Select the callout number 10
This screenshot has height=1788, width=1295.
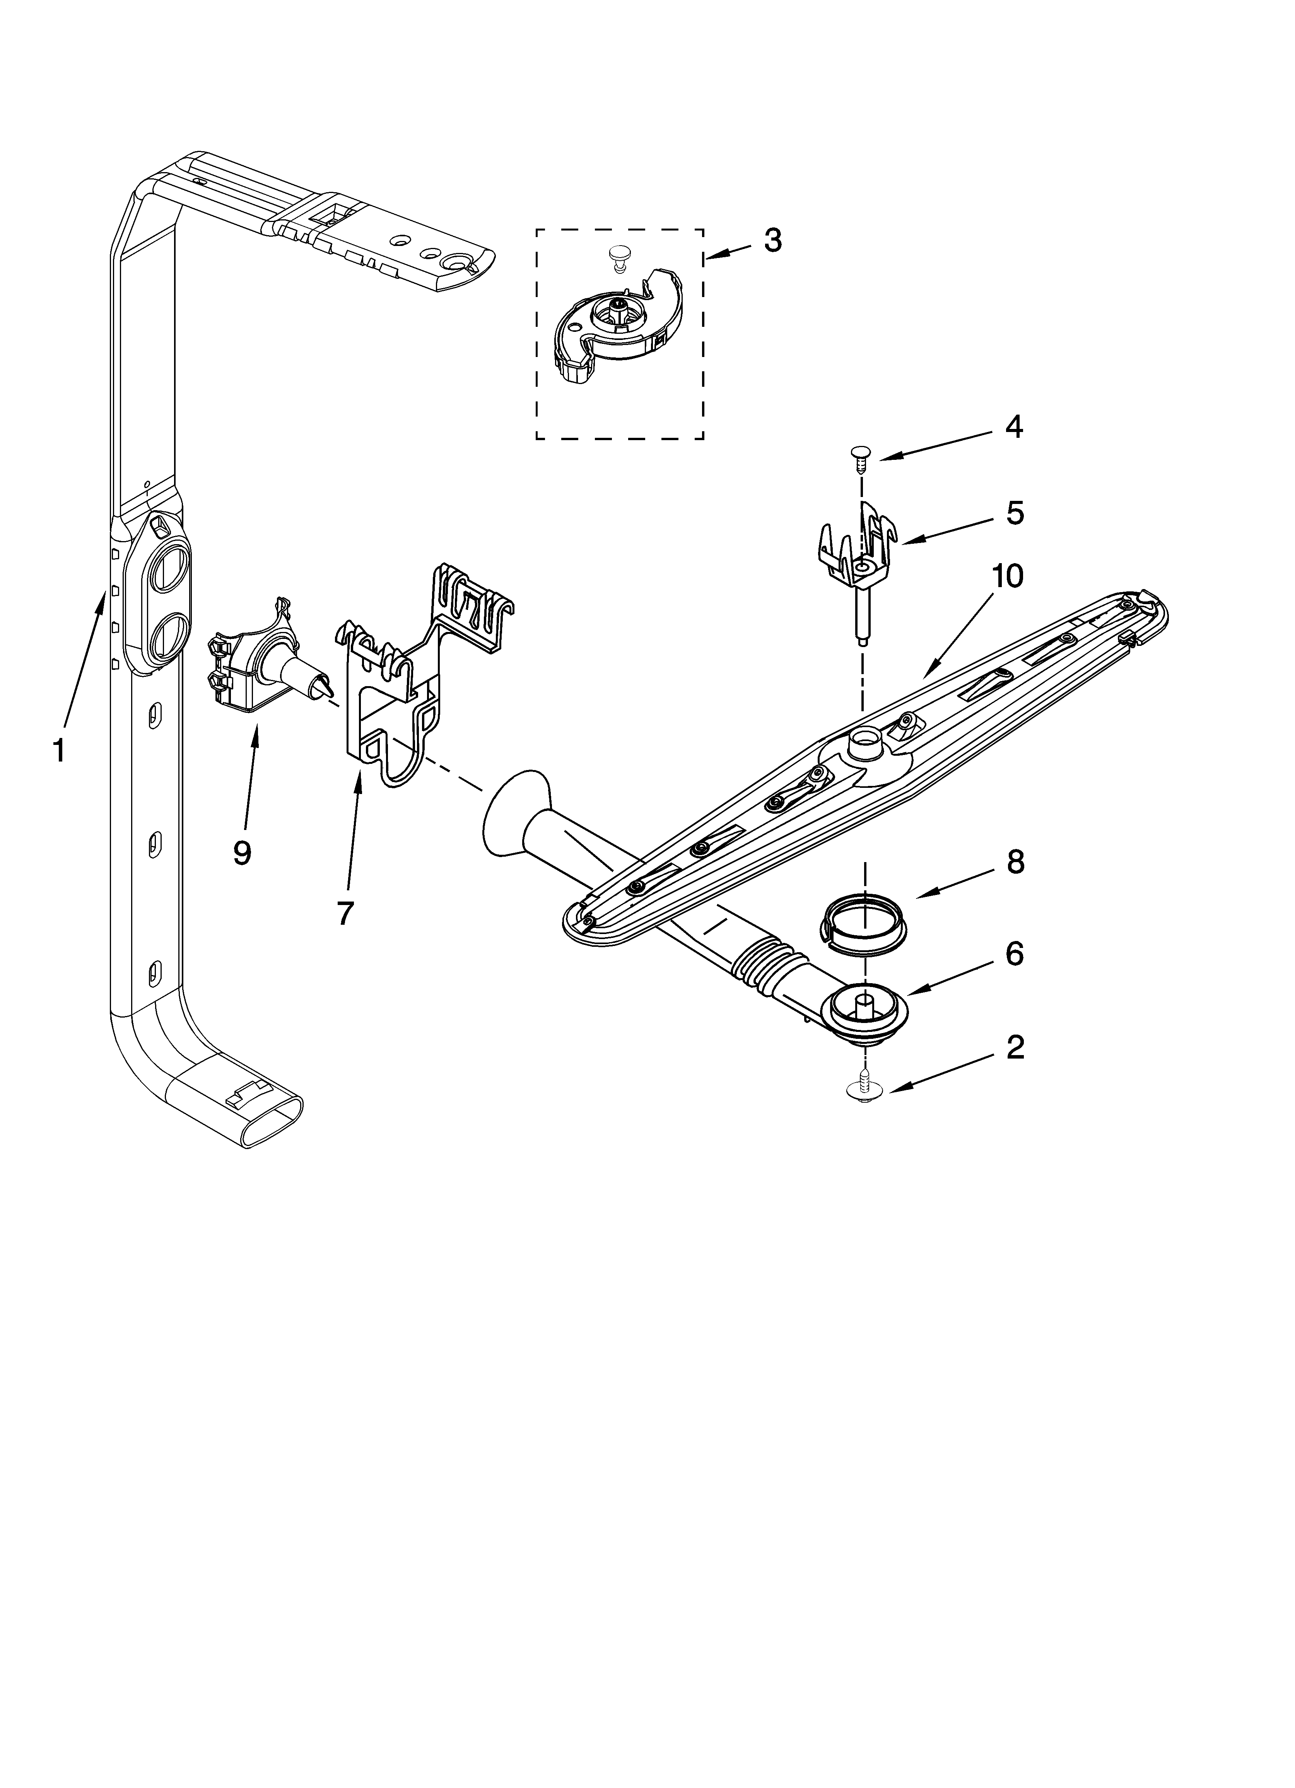click(1007, 576)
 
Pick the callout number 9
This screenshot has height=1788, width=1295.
click(242, 852)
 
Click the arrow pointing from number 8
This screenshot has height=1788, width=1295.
click(946, 886)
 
